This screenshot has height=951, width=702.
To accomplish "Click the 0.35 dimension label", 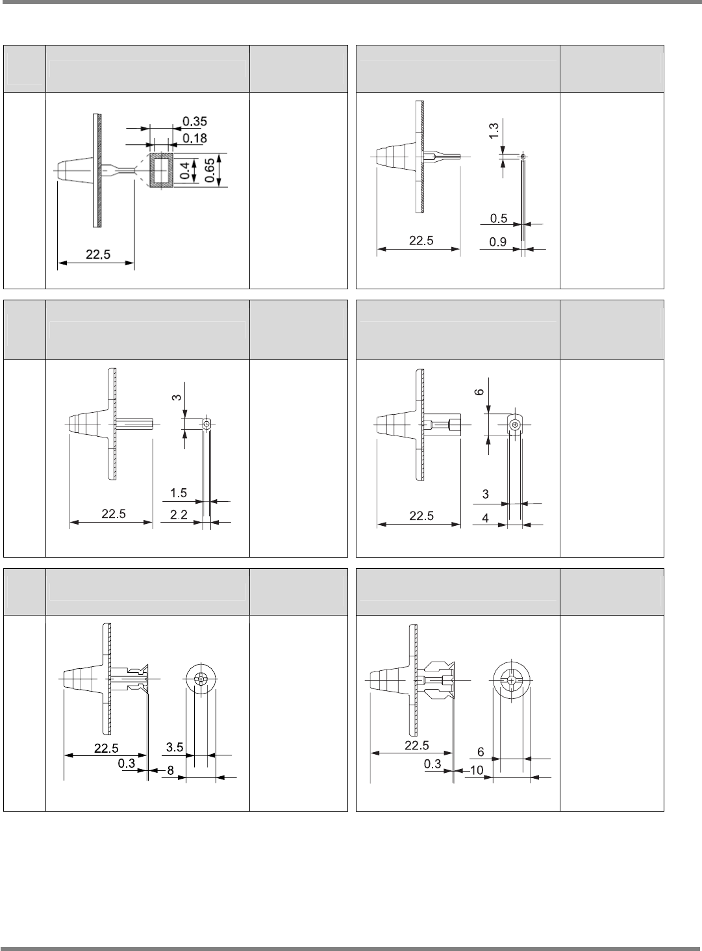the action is pyautogui.click(x=195, y=121).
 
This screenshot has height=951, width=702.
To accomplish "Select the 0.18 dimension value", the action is pyautogui.click(x=195, y=137).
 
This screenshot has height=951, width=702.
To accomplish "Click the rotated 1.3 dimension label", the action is pyautogui.click(x=494, y=131).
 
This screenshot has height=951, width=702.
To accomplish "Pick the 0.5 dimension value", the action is pyautogui.click(x=499, y=218).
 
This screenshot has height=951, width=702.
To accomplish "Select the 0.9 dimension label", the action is pyautogui.click(x=498, y=242).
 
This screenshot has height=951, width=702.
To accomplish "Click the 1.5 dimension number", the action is pyautogui.click(x=179, y=493).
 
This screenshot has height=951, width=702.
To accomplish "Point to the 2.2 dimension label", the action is pyautogui.click(x=179, y=515).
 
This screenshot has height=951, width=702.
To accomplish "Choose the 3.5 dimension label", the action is pyautogui.click(x=175, y=747).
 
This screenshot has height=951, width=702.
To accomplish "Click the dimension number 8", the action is pyautogui.click(x=170, y=770).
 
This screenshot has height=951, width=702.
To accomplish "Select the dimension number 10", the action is pyautogui.click(x=477, y=770).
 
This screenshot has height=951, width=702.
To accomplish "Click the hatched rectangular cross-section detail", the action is pyautogui.click(x=161, y=171).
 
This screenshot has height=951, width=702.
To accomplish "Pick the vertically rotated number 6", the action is pyautogui.click(x=479, y=392).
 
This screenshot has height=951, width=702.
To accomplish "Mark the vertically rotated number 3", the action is pyautogui.click(x=175, y=397).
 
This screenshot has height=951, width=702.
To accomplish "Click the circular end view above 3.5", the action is pyautogui.click(x=201, y=680).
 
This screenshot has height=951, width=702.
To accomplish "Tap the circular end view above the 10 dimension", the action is pyautogui.click(x=512, y=681).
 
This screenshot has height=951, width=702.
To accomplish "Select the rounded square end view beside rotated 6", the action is pyautogui.click(x=514, y=424).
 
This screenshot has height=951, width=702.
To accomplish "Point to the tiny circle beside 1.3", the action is pyautogui.click(x=523, y=156).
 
